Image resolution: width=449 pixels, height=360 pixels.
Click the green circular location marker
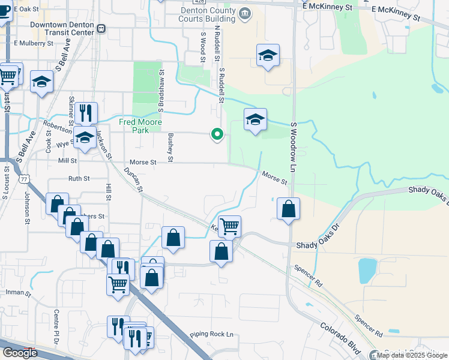217,135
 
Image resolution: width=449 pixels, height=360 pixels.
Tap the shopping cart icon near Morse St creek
229,226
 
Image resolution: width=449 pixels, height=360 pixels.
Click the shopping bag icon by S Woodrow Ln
289,209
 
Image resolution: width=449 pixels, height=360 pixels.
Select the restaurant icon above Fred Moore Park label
86,112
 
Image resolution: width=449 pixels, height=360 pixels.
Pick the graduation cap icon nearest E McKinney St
268,56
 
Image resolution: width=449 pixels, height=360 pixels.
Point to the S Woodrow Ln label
294,142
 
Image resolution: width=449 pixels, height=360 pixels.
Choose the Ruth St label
79,178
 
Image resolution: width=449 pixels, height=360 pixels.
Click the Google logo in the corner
20,352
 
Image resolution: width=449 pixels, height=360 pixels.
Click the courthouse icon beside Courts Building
246,13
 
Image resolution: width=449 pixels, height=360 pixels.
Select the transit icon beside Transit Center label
101,28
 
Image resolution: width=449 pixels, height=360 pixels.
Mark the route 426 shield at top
200,2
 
